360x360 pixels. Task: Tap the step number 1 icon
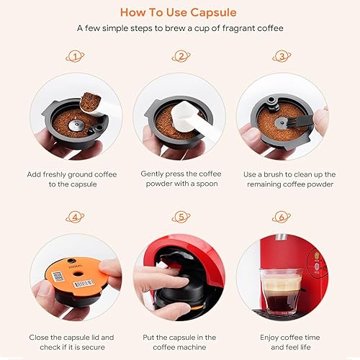pos(74,56)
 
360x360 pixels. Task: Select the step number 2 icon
pos(180,56)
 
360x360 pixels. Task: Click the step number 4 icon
pos(74,217)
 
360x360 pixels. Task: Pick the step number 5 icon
pos(180,217)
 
